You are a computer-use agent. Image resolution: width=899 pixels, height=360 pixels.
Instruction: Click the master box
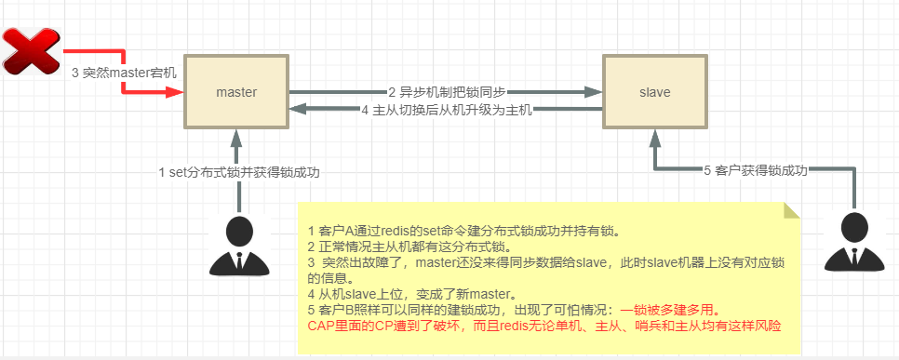coord(235,92)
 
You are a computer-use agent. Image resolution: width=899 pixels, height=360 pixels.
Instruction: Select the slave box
coord(654,92)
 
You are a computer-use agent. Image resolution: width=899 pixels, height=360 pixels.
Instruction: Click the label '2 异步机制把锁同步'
coord(446,92)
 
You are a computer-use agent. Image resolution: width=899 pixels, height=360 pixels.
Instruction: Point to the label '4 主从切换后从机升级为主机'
coord(446,110)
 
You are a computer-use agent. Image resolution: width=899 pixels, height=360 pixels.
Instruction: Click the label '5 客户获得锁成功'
coord(755,170)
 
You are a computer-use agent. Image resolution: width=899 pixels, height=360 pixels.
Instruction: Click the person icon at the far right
coord(853,241)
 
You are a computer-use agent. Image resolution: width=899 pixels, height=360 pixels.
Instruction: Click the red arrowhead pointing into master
coord(174,93)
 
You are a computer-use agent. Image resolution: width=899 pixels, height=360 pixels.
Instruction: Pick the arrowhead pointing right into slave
coord(593,93)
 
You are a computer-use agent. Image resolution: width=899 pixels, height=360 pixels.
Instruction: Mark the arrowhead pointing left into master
coord(297,110)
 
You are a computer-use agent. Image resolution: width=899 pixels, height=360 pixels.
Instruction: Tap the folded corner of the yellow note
coord(792,209)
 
